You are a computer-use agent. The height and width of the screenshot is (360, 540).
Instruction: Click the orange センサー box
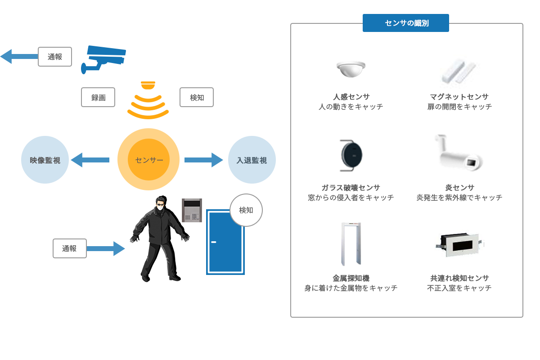(x=148, y=159)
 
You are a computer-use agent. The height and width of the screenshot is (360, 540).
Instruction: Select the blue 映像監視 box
(x=45, y=160)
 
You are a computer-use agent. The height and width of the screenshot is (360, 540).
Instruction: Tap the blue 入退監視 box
(x=252, y=160)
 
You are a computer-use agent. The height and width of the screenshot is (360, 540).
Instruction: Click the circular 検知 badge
(x=246, y=210)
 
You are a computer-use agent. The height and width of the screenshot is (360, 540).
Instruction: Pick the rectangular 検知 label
(x=197, y=98)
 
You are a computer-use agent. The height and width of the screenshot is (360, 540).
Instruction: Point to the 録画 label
(x=98, y=98)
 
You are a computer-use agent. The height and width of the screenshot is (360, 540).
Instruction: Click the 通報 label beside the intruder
(x=69, y=248)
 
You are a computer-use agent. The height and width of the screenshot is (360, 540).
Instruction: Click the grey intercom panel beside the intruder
(x=192, y=210)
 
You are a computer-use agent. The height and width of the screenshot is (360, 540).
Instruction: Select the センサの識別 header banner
(x=405, y=23)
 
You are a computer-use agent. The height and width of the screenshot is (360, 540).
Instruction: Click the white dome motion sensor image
(x=351, y=68)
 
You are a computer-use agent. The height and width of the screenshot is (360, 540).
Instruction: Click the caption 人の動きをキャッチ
(x=351, y=107)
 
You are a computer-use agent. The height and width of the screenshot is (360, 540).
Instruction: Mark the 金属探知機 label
(x=351, y=278)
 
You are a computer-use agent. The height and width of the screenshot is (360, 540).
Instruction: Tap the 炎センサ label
(x=459, y=188)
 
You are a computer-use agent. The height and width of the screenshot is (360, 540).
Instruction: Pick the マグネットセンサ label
(x=459, y=97)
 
